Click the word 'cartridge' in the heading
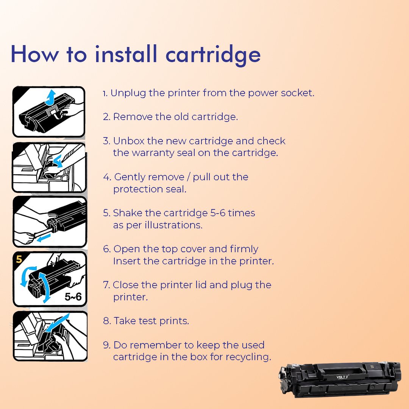[213, 55]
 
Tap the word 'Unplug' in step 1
[128, 93]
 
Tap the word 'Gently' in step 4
[130, 177]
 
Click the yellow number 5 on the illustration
[19, 259]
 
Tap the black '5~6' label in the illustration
[73, 297]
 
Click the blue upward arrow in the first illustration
[51, 98]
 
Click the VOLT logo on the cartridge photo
[342, 377]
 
